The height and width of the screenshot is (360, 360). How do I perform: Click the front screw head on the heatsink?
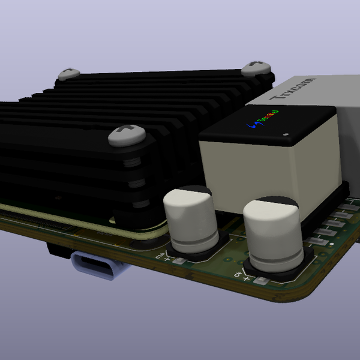127,135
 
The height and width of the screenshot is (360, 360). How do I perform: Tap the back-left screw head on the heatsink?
68,74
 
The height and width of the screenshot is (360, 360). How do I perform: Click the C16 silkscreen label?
160,256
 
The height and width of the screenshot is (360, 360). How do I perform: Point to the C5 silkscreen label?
238,274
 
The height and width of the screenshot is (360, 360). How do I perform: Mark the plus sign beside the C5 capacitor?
247,278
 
